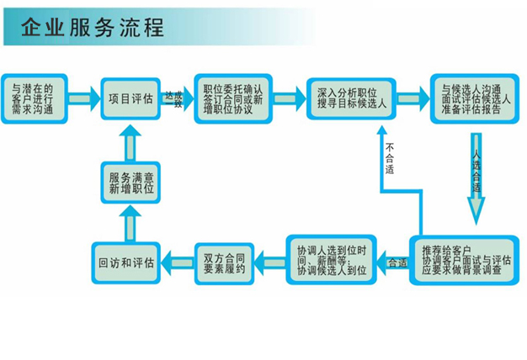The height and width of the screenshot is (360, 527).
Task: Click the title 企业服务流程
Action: point(93,28)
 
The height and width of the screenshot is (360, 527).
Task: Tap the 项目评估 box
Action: point(130,98)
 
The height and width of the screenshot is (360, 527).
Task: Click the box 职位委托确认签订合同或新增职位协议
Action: point(233,98)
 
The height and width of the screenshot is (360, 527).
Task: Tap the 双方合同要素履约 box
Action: point(224,261)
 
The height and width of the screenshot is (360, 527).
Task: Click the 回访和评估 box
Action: point(125,262)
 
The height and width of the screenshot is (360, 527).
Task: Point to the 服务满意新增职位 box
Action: point(130,183)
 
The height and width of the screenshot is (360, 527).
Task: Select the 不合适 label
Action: point(390,159)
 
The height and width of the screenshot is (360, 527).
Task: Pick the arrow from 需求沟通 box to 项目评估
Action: point(82,98)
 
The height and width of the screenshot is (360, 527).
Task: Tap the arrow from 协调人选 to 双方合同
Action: point(271,262)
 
